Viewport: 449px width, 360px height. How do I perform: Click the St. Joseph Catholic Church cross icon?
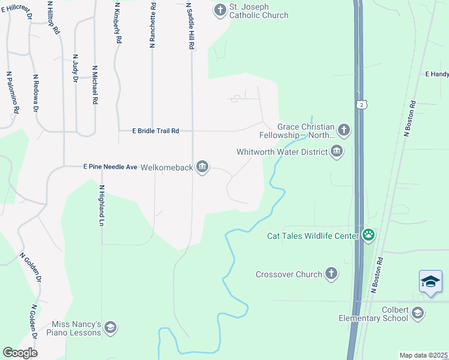coord(220,10)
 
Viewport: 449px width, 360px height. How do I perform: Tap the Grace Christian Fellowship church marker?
coord(344,130)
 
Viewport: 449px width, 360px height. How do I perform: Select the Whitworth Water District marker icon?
coord(337,151)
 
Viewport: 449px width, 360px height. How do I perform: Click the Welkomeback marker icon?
coord(202,167)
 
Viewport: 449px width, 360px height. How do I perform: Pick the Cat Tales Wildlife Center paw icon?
coord(368,235)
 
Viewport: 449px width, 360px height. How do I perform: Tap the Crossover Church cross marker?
coord(331,274)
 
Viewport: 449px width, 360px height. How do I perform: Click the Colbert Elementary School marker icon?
coord(418,313)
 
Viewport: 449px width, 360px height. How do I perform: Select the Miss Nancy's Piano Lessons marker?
coord(110,327)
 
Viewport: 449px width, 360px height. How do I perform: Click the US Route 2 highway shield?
coord(361,104)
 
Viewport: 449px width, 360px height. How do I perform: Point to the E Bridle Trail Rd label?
coord(155,130)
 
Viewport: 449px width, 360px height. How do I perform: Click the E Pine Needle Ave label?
coord(110,167)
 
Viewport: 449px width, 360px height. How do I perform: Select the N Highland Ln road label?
coord(101,203)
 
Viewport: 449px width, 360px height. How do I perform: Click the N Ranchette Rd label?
coord(153,25)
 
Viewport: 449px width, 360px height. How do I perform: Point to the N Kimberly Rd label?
coord(118,23)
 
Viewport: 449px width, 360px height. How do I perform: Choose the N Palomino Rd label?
coord(11,93)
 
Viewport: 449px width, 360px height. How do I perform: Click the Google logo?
coord(20,353)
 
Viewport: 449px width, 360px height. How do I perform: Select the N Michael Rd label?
coord(94,86)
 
